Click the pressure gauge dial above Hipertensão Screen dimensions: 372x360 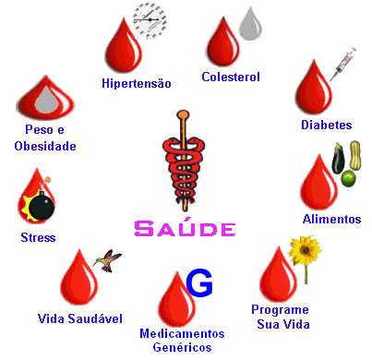(x=150, y=20)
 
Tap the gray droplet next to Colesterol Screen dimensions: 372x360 (x=250, y=25)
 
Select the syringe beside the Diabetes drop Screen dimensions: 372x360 (x=343, y=64)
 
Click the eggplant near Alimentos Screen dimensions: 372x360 (x=338, y=158)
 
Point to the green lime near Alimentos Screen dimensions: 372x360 (x=348, y=178)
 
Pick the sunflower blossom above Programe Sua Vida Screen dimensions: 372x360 (x=305, y=251)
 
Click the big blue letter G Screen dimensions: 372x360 (x=199, y=283)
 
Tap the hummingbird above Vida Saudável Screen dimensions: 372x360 (x=108, y=260)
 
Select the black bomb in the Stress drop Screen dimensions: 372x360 (x=42, y=205)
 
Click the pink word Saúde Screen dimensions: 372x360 (x=186, y=227)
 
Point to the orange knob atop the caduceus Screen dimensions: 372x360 (x=183, y=114)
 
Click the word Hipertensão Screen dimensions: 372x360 (x=137, y=83)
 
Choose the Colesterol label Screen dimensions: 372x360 (x=231, y=77)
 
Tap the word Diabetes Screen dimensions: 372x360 (x=327, y=125)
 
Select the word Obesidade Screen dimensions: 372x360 (x=45, y=146)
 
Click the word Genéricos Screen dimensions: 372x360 (x=182, y=347)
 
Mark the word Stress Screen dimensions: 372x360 (x=38, y=237)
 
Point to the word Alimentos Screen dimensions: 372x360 (x=331, y=219)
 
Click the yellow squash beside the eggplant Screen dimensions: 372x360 (x=355, y=155)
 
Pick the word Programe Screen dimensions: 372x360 (x=280, y=310)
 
